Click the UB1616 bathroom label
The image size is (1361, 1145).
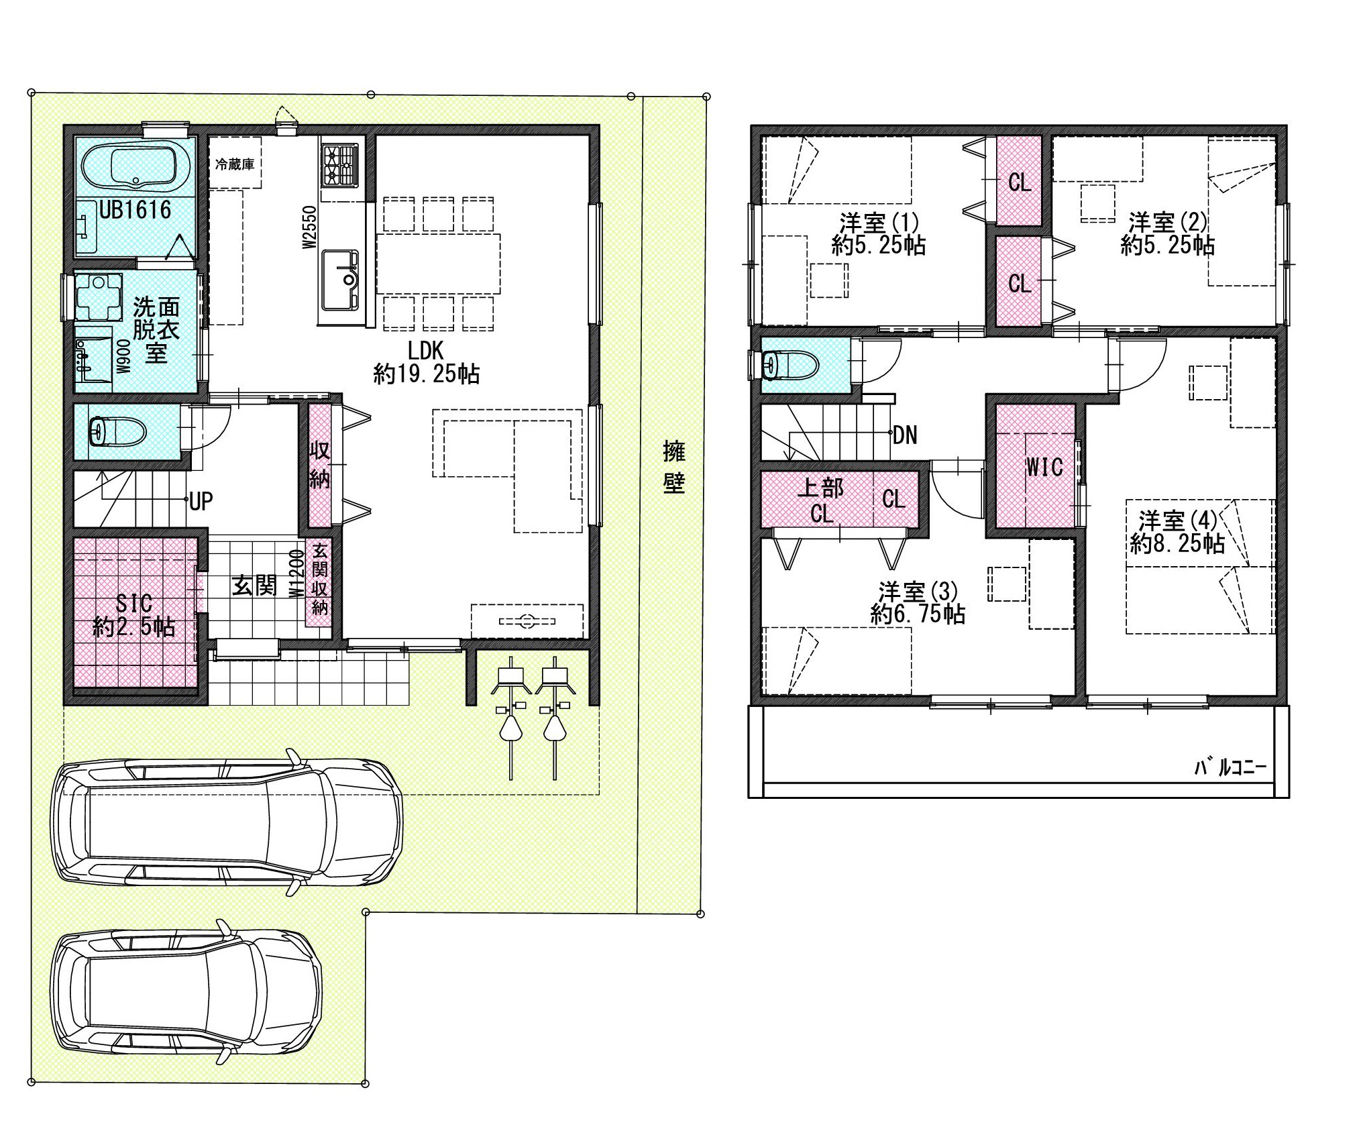[x=135, y=210]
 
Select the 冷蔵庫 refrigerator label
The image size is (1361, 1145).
[x=235, y=164]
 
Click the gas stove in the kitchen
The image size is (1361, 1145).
[x=341, y=166]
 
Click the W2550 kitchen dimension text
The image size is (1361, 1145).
[x=309, y=228]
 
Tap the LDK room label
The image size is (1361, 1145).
[x=426, y=362]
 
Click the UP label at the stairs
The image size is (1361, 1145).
[x=201, y=501]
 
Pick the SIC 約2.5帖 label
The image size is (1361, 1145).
[x=134, y=614]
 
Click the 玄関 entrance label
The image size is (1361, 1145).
[x=254, y=586]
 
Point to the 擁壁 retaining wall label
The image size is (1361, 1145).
[x=673, y=467]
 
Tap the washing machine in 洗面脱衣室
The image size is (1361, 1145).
[x=99, y=296]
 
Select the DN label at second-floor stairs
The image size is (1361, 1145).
[x=905, y=436]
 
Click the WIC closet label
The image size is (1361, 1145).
[x=1044, y=467]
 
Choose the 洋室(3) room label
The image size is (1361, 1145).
[x=918, y=603]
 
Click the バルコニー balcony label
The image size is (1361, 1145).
[x=1230, y=768]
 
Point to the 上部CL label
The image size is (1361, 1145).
[x=821, y=500]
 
